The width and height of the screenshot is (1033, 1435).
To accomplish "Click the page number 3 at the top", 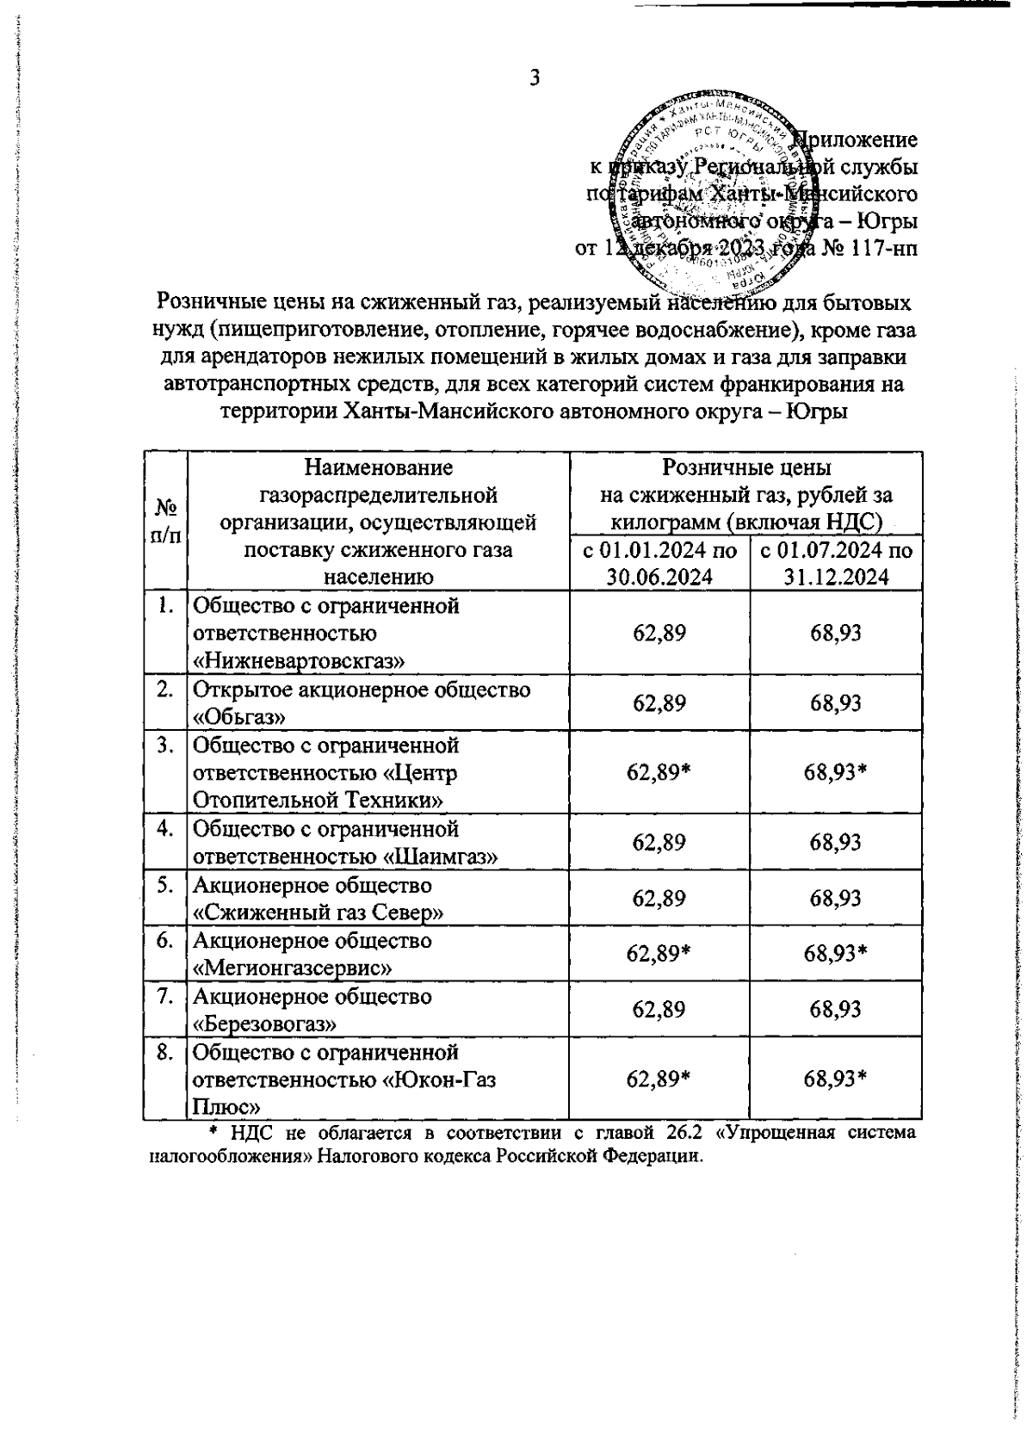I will click(x=535, y=78).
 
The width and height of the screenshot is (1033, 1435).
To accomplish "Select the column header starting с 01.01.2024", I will click(x=659, y=563).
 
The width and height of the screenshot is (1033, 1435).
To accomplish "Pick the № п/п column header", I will click(x=165, y=522).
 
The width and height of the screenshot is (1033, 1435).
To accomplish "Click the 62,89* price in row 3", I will click(x=659, y=773).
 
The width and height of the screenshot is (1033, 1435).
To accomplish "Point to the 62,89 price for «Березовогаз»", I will click(x=659, y=1010).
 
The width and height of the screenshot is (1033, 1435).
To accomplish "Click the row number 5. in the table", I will click(x=166, y=885).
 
